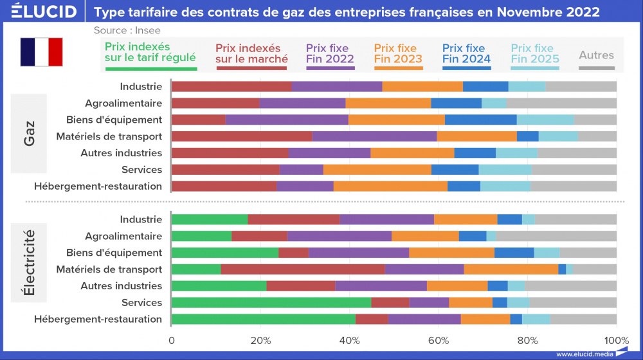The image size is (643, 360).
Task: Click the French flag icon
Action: (41, 52)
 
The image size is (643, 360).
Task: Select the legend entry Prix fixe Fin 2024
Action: (466, 54)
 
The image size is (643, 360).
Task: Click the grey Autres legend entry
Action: (596, 56)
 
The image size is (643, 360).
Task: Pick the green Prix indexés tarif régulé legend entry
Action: (150, 54)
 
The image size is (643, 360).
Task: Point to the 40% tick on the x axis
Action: (349, 341)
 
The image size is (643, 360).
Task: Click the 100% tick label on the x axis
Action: (617, 341)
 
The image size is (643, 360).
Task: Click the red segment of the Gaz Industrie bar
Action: (231, 87)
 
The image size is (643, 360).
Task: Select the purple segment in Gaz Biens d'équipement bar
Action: (287, 120)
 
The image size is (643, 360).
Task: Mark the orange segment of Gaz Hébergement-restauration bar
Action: (390, 186)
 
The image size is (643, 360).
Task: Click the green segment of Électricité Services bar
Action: (271, 303)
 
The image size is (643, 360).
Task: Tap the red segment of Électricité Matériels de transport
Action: (302, 269)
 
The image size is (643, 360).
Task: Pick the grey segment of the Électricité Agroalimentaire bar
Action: (556, 236)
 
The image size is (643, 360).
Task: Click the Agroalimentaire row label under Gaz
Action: (123, 103)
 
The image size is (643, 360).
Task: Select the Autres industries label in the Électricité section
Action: (121, 286)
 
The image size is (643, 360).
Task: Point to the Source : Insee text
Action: (127, 30)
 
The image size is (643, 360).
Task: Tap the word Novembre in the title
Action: (507, 12)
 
